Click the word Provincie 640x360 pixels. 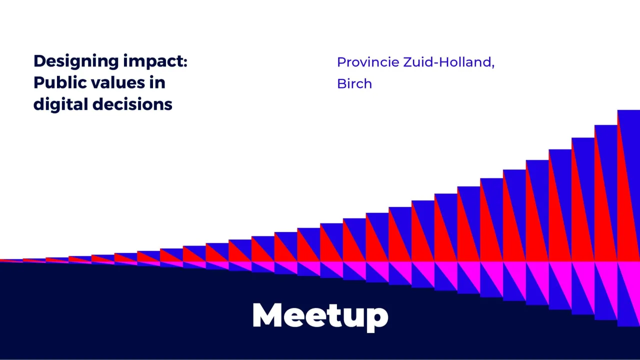click(x=368, y=62)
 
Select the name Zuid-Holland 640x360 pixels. click(x=447, y=62)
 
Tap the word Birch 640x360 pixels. click(x=354, y=83)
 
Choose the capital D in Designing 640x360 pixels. click(x=40, y=61)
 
